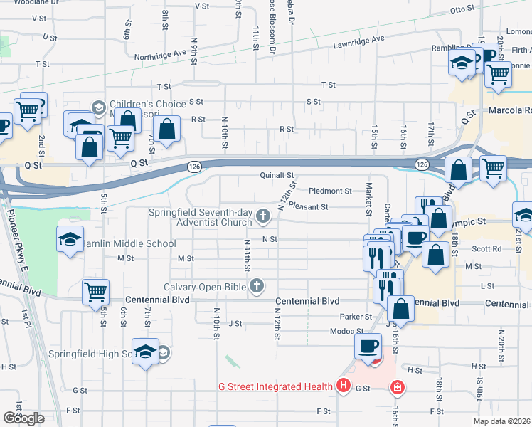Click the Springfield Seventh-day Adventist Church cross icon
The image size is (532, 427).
(x=263, y=215)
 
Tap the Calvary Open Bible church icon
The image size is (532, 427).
(x=257, y=287)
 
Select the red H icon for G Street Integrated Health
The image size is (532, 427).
(x=344, y=386)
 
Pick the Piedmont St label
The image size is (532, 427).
(x=331, y=191)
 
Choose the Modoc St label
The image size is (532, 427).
(x=347, y=332)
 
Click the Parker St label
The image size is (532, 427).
(x=356, y=316)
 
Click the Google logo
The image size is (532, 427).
(x=23, y=418)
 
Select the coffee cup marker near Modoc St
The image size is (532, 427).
(x=368, y=347)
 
